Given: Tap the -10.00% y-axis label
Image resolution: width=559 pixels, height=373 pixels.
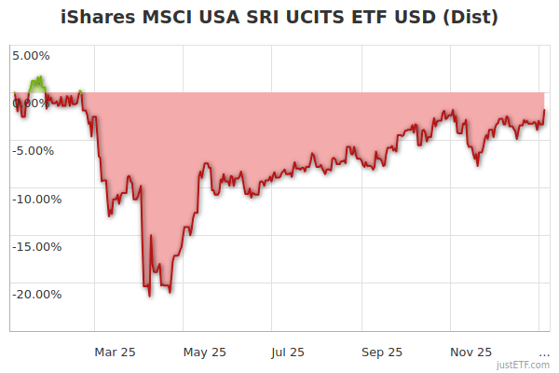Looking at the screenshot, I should coord(35,199).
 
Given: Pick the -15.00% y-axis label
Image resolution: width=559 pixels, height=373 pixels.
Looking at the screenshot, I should coord(35,247).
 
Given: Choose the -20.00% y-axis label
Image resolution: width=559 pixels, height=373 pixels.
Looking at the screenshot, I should coord(35,295).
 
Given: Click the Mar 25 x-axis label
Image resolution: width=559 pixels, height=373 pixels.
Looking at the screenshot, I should coord(116,352).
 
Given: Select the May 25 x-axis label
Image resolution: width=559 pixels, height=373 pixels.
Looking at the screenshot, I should coord(205,352).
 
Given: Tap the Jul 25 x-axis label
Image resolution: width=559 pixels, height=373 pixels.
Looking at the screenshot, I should coord(288,352).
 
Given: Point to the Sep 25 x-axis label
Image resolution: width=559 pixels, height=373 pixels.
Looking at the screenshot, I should coord(382,352).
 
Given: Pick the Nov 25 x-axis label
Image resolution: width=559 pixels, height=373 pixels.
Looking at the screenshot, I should coord(471,352).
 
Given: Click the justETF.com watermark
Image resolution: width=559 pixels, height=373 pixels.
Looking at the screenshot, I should coord(524,366).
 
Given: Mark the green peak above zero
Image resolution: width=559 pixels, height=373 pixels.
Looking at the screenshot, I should coord(39,78).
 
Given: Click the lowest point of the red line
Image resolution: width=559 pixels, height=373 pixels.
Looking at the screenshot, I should coord(149,296).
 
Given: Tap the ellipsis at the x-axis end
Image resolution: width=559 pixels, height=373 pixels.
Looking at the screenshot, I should coord(544,352).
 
